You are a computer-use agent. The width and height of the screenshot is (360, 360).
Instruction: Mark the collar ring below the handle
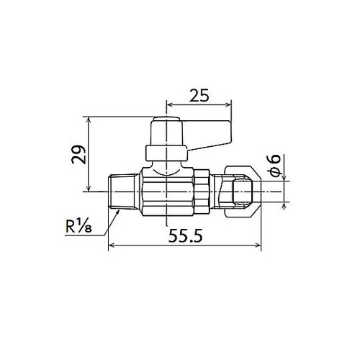coord(166,153)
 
